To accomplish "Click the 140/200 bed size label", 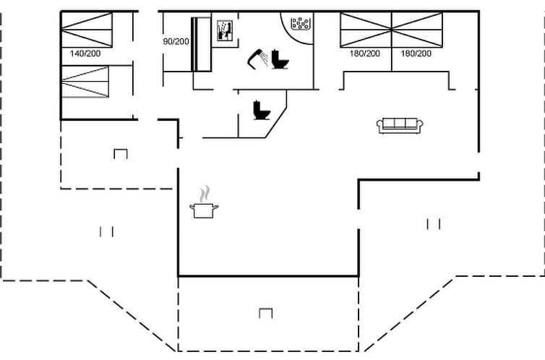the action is [85, 53].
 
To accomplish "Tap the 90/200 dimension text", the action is [176, 42].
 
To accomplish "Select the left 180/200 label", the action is [364, 53].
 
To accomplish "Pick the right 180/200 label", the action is [416, 53].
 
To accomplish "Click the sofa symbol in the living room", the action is [400, 126].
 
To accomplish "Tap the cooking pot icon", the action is [204, 210].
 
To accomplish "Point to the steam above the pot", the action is [205, 194].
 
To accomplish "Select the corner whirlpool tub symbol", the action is [300, 23].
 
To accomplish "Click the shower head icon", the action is [257, 59].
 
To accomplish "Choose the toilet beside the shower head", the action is [280, 59].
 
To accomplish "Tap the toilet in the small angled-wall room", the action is [262, 110].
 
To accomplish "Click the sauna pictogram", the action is [225, 30].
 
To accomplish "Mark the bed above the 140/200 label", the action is [87, 30].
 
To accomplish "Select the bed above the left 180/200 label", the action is [366, 30].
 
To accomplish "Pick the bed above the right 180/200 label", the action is [417, 30].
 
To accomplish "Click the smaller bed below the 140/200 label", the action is [85, 82].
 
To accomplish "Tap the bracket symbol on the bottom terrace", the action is [265, 313].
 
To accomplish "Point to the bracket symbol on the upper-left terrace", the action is [121, 154].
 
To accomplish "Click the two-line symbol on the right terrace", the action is [434, 224].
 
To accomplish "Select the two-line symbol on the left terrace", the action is [106, 232].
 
